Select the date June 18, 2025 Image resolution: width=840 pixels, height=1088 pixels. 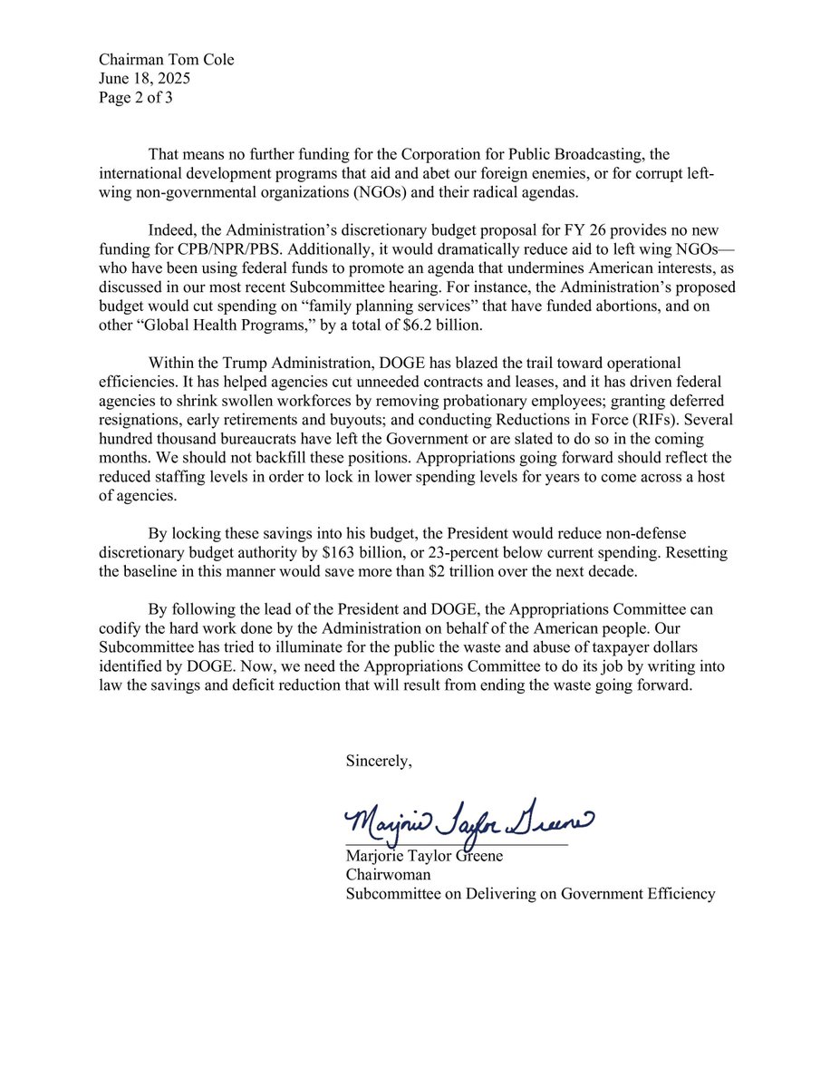tap(145, 79)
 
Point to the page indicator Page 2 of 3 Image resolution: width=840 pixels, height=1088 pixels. tap(136, 98)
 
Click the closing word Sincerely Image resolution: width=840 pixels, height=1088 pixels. tap(378, 762)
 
